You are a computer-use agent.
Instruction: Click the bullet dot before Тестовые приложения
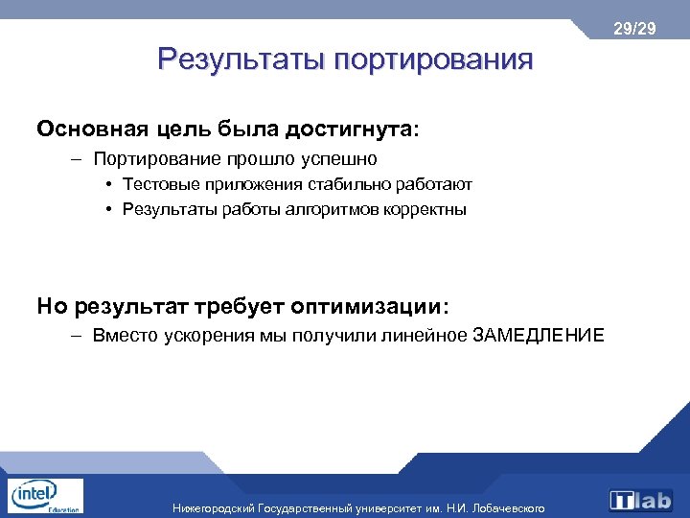(111, 184)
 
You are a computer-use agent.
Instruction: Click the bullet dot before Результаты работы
(111, 209)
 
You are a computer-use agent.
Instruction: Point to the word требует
(248, 306)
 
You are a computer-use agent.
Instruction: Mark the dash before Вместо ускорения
(76, 336)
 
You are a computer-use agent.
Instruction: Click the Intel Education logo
(43, 496)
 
